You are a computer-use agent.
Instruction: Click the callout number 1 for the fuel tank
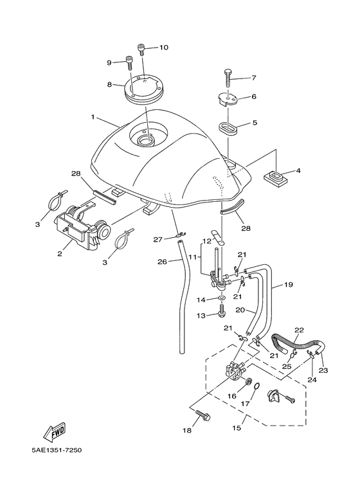(93, 118)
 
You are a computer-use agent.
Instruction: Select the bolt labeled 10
(141, 48)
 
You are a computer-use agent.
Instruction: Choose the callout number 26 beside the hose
(162, 262)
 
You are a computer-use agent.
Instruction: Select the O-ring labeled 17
(255, 388)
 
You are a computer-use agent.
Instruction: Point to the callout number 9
(109, 62)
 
